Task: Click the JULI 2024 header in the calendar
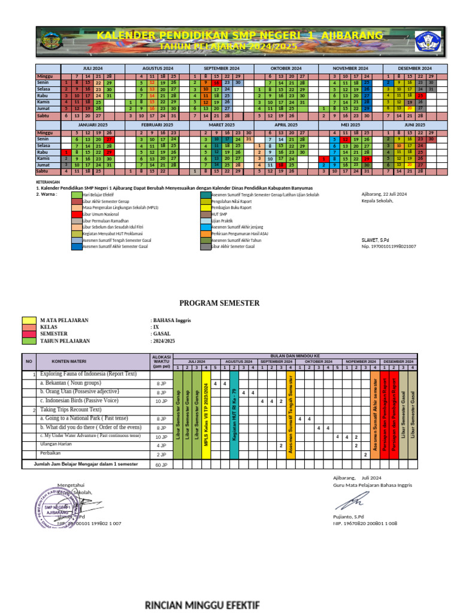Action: pyautogui.click(x=93, y=69)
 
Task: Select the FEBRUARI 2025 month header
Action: pyautogui.click(x=157, y=125)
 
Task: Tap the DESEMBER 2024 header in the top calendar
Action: pyautogui.click(x=415, y=69)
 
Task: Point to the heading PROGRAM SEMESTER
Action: pyautogui.click(x=219, y=303)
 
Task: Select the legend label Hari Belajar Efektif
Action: pyautogui.click(x=99, y=195)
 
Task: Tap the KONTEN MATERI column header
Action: pyautogui.click(x=69, y=362)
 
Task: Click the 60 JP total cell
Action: pyautogui.click(x=161, y=465)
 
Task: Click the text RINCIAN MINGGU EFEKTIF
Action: pyautogui.click(x=202, y=605)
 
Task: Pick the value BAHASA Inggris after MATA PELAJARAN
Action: pyautogui.click(x=171, y=320)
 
